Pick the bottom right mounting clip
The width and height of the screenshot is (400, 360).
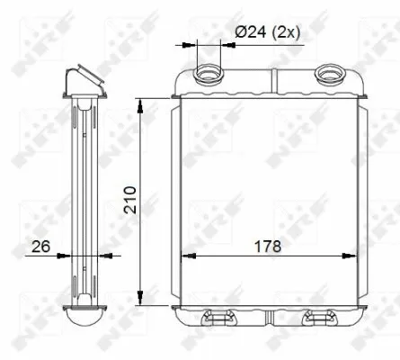click(x=320, y=317)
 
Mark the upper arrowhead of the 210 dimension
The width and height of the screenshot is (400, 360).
click(x=141, y=105)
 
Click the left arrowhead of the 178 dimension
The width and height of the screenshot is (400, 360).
click(x=187, y=256)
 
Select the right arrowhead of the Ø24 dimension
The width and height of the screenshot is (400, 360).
click(x=225, y=42)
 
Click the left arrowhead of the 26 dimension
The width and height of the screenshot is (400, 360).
click(x=63, y=256)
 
